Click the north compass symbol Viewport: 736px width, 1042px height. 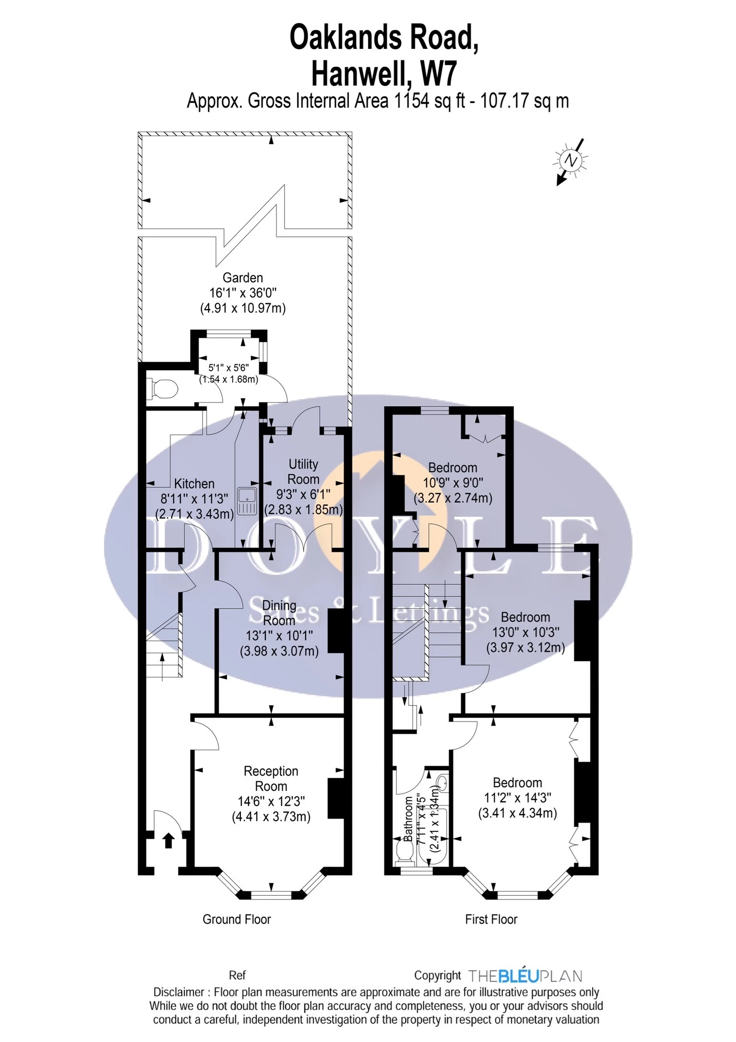coord(570,161)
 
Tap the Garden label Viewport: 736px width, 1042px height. coord(243,278)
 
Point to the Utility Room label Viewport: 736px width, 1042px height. coord(303,472)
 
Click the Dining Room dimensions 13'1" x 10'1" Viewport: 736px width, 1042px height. coord(279,636)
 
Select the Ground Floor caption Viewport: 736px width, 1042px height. coord(237,919)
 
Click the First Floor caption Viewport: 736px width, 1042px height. coord(491,919)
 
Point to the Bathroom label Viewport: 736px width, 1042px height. coord(408,818)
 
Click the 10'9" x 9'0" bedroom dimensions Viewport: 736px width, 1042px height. coord(453,483)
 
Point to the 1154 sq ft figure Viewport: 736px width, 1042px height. coord(429,101)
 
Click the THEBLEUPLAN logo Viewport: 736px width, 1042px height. coord(525,976)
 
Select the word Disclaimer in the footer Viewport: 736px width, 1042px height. coord(178,992)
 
